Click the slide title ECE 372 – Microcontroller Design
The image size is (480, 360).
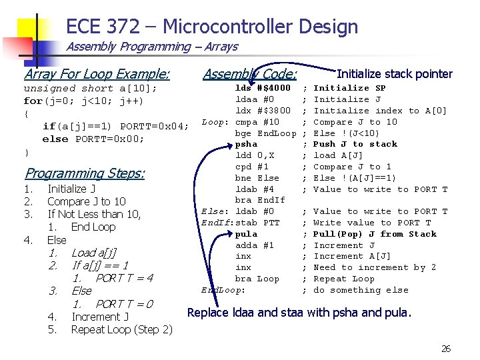pos(212,27)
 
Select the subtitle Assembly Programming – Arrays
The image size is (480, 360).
pos(152,47)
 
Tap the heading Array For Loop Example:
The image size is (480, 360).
pos(97,74)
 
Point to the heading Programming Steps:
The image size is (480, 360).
pos(85,173)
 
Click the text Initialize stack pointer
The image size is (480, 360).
pos(395,74)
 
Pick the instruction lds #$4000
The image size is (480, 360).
pos(263,88)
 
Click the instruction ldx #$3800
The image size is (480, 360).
pos(263,111)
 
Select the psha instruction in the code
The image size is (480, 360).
pos(246,144)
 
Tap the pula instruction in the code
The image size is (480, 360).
pos(246,234)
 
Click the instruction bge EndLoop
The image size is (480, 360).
pos(266,133)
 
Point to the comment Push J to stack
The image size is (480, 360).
pos(355,144)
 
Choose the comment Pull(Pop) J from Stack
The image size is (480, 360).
pos(375,234)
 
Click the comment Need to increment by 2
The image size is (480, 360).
pos(375,267)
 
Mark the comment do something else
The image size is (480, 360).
pos(361,290)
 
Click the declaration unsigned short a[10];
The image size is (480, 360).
pos(91,89)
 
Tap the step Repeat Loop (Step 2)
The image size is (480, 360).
pos(121,329)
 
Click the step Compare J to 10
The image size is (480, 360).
pos(87,201)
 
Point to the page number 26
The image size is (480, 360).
pos(446,349)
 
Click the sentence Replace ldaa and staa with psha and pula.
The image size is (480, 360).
pos(299,312)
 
